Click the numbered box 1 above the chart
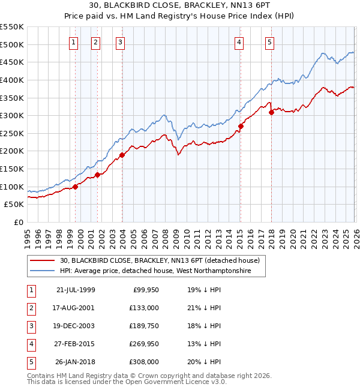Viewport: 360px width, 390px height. [73, 42]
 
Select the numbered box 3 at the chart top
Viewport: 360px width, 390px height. [121, 42]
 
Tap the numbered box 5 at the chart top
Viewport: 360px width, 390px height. [270, 42]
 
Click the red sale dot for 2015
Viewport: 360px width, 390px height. [241, 126]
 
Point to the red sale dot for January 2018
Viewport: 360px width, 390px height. [271, 112]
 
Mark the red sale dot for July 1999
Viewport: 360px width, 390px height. [76, 187]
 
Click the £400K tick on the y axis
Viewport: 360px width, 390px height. [12, 80]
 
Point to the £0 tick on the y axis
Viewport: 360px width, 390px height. [18, 223]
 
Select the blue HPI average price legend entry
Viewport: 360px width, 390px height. [154, 271]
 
